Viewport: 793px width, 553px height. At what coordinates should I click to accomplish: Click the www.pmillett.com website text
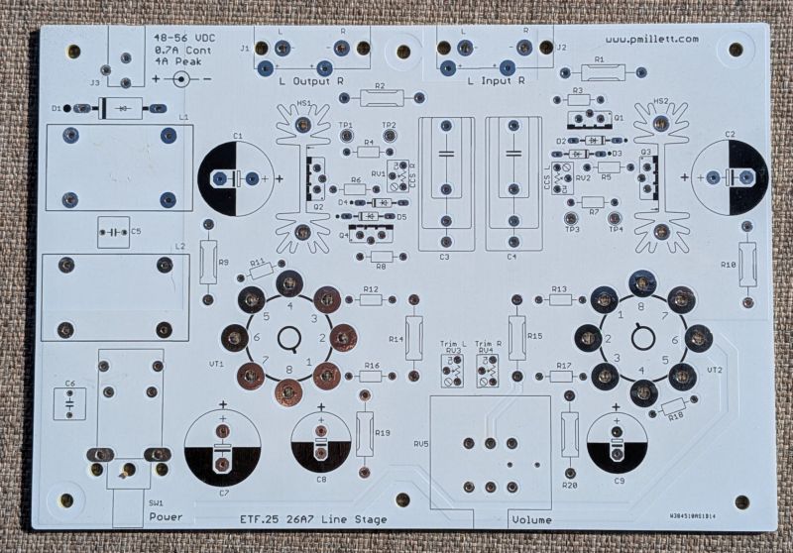coord(650,39)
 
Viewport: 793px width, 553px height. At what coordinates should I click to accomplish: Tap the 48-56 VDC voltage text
coord(178,39)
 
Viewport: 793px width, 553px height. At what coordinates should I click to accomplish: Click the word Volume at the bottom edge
coord(533,519)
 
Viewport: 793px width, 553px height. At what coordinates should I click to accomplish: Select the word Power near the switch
coord(166,518)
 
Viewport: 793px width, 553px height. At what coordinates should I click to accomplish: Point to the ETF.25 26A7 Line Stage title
coord(313,519)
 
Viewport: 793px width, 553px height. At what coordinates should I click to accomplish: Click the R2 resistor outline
coord(373,98)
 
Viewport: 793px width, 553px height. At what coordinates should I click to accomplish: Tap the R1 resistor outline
coord(600,71)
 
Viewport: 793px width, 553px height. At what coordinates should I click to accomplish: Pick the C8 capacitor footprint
coord(322,442)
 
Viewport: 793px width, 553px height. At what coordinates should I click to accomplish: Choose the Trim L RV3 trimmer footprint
coord(453,368)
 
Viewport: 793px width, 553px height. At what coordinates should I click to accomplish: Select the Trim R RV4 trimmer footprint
coord(486,368)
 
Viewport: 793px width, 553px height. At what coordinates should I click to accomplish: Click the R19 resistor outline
coord(365,433)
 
